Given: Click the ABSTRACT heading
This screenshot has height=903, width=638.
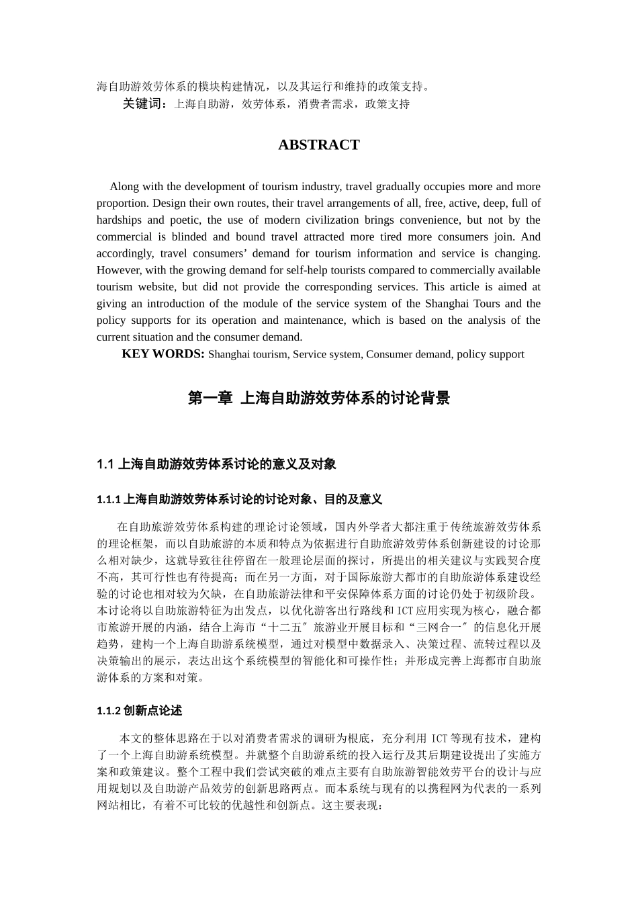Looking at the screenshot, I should pyautogui.click(x=318, y=145).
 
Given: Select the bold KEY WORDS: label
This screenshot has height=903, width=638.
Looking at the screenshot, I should pyautogui.click(x=163, y=354).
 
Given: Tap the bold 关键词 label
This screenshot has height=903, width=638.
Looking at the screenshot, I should pyautogui.click(x=144, y=104).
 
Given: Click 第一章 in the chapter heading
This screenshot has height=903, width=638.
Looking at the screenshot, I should pyautogui.click(x=210, y=398).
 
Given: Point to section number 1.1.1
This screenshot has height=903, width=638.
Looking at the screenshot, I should pyautogui.click(x=109, y=499).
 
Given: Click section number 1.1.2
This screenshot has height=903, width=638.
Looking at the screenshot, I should pyautogui.click(x=109, y=711).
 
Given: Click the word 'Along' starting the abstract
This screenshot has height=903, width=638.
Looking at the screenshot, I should pyautogui.click(x=124, y=187).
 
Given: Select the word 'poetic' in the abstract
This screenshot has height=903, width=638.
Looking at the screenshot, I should pyautogui.click(x=183, y=220).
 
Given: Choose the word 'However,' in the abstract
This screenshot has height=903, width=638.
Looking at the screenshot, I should pyautogui.click(x=117, y=270).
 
